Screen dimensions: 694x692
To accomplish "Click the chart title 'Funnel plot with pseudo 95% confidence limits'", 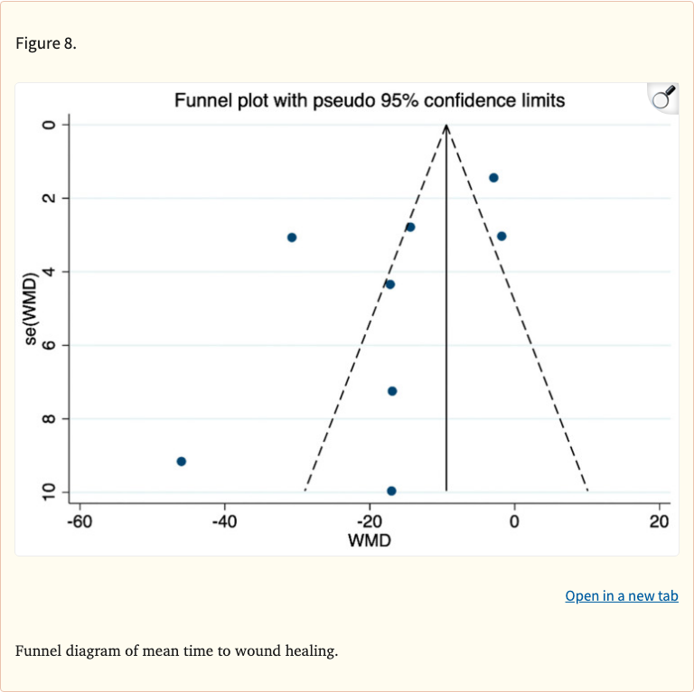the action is point(370,101).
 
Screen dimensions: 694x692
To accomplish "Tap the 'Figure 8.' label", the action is point(46,43).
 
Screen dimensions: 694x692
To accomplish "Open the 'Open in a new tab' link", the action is point(622,596).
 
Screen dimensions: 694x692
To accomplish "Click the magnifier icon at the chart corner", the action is point(664,97).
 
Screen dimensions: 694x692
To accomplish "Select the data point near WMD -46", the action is point(181,462).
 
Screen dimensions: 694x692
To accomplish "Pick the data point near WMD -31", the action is point(292,238).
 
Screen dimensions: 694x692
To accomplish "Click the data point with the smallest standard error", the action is point(493,178).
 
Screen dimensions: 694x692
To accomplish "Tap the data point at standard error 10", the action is point(391,491).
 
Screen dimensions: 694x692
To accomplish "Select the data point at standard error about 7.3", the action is point(392,391).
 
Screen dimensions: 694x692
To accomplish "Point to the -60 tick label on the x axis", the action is point(80,522).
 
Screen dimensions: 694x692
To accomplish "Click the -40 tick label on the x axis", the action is point(224,522).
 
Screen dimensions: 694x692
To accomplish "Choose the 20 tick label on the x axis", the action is point(659,522).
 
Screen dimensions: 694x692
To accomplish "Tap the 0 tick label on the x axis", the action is point(514,522).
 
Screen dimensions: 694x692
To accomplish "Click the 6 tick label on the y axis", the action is point(49,345).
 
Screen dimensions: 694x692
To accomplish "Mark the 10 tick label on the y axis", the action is point(49,492).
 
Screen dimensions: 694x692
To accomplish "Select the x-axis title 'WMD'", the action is point(370,540).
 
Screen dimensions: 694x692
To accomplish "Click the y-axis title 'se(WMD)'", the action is point(31,309).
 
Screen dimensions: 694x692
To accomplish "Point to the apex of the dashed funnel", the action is point(446,125).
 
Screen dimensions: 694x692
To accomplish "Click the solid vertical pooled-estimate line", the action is point(446,308).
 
